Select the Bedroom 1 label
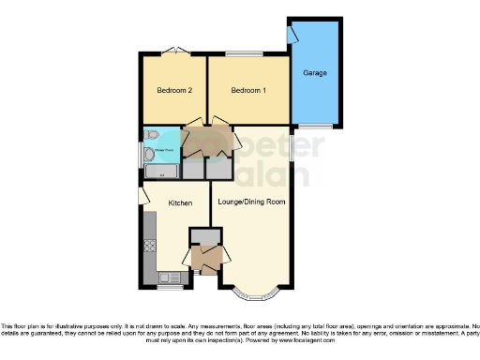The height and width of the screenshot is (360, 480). pyautogui.click(x=248, y=91)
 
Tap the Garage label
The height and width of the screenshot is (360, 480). pyautogui.click(x=314, y=72)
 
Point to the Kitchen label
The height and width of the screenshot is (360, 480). pyautogui.click(x=180, y=202)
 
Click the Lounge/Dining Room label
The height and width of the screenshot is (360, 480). pyautogui.click(x=251, y=202)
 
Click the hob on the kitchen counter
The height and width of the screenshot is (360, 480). pyautogui.click(x=149, y=247)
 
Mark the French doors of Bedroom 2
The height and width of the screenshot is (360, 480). pyautogui.click(x=172, y=50)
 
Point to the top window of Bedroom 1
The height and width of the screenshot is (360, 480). pyautogui.click(x=248, y=52)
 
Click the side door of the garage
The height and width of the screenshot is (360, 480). pyautogui.click(x=292, y=36)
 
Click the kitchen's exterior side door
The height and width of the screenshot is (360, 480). pyautogui.click(x=142, y=195)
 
